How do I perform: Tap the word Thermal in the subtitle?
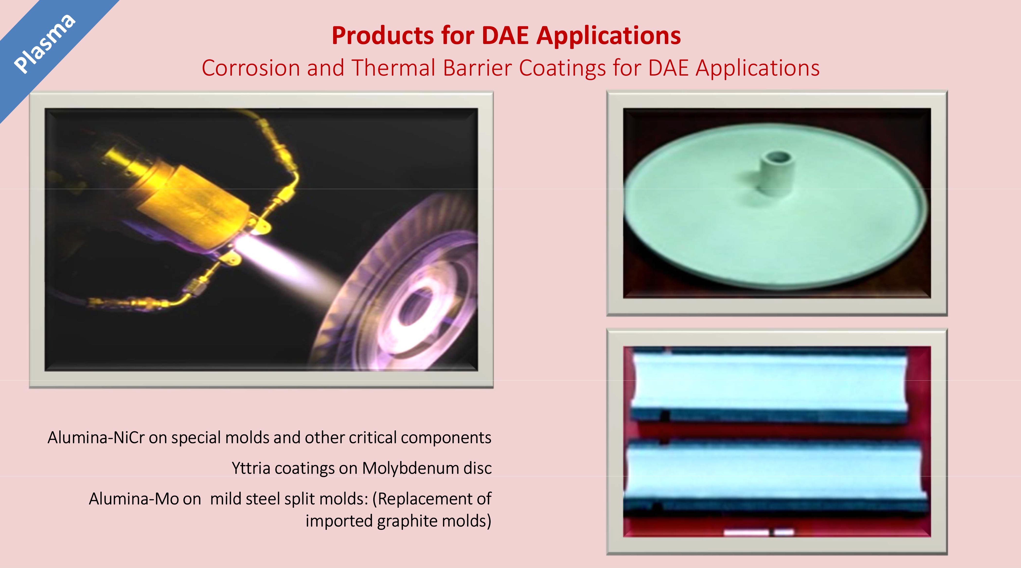point(394,68)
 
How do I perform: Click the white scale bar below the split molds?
point(758,532)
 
